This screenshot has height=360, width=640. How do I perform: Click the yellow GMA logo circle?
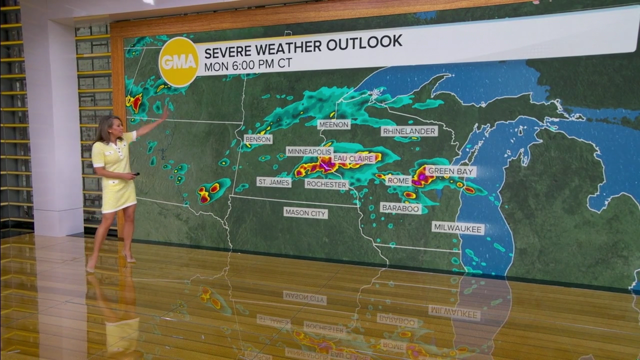pyautogui.click(x=178, y=62)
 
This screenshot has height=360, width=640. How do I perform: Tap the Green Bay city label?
pyautogui.click(x=451, y=171)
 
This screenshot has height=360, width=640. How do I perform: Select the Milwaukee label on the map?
pyautogui.click(x=458, y=228)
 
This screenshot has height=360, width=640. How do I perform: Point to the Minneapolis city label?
pyautogui.click(x=309, y=151)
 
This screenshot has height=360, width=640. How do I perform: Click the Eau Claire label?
pyautogui.click(x=354, y=158)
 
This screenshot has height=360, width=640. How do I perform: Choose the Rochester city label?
pyautogui.click(x=326, y=184)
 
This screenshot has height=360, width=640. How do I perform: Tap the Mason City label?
pyautogui.click(x=305, y=213)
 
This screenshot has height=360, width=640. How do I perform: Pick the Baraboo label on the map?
pyautogui.click(x=400, y=208)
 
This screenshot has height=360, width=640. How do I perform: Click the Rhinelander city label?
pyautogui.click(x=409, y=131)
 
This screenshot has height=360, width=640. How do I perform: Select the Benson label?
pyautogui.click(x=258, y=139)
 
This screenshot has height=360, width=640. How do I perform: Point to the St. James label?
pyautogui.click(x=274, y=182)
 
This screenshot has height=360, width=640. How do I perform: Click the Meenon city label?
pyautogui.click(x=333, y=124)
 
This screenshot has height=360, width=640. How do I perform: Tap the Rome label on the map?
pyautogui.click(x=398, y=180)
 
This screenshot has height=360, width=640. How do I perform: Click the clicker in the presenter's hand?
pyautogui.click(x=136, y=174)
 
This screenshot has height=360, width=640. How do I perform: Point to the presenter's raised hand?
pyautogui.click(x=164, y=112)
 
